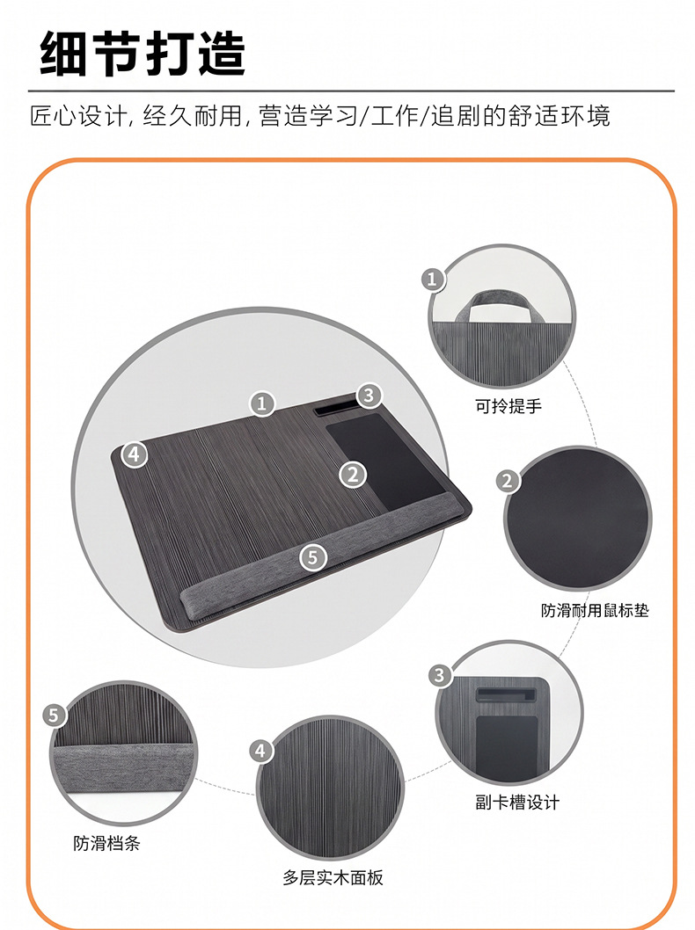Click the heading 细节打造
tap(143, 54)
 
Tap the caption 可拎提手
tap(508, 406)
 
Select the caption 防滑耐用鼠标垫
tap(595, 610)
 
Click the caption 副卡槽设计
tap(517, 803)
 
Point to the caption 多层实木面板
tap(333, 878)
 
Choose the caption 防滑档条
tap(106, 843)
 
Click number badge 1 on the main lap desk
tap(262, 404)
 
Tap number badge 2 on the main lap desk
tap(353, 475)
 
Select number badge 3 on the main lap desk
tap(369, 395)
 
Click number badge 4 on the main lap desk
tap(135, 454)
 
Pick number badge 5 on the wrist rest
tap(313, 557)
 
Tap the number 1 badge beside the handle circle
tap(433, 279)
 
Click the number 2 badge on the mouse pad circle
tap(508, 481)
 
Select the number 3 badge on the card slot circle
tap(440, 675)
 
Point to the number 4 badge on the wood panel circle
tap(260, 751)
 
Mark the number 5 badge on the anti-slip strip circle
tap(54, 716)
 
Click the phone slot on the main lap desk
tap(335, 411)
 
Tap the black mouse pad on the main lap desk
tap(386, 460)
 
